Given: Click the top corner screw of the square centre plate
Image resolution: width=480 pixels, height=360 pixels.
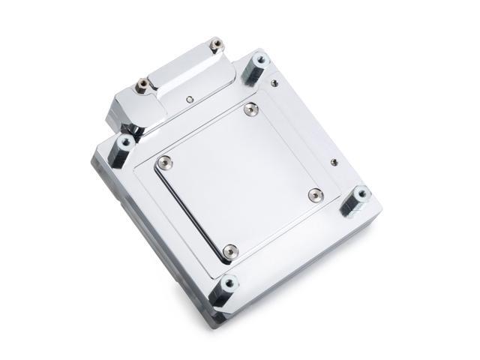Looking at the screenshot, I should [250, 109].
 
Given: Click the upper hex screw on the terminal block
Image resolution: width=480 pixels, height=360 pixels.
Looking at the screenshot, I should [215, 45].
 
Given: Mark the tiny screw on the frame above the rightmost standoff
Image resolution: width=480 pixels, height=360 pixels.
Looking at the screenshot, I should [334, 160].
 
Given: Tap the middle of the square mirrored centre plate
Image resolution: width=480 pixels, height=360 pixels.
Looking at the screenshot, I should [239, 178].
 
